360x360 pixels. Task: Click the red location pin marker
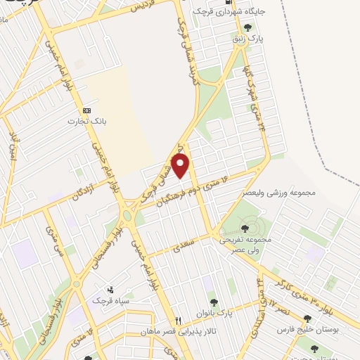point(181,167)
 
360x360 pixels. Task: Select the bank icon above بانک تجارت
point(87,111)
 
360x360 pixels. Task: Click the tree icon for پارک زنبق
point(247,28)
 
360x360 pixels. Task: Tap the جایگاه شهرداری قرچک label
point(242,12)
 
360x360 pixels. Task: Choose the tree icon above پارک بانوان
point(232,302)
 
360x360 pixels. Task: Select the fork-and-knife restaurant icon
point(179,319)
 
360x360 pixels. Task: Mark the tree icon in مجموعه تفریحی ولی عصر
point(244,228)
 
